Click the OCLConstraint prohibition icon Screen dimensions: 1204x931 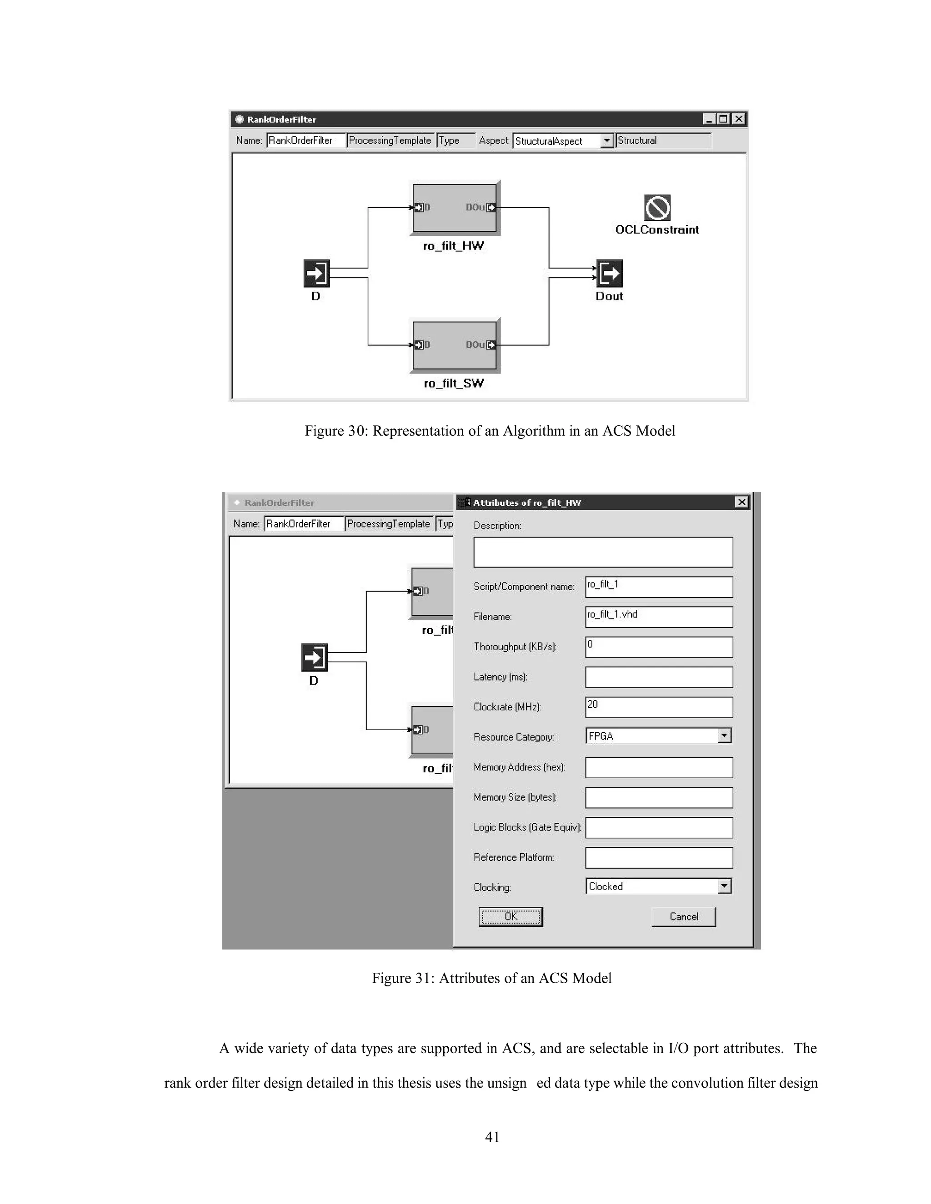[657, 208]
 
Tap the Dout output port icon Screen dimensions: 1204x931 [610, 274]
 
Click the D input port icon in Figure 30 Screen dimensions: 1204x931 [316, 274]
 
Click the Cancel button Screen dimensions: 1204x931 [683, 916]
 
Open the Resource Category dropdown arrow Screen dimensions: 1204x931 [724, 736]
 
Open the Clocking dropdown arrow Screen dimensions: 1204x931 [724, 886]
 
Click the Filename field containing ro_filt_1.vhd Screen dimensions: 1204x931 [659, 617]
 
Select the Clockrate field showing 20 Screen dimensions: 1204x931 [659, 707]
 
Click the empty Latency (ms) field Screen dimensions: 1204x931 [659, 677]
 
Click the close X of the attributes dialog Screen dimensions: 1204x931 [742, 502]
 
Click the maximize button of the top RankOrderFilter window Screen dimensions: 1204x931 [724, 119]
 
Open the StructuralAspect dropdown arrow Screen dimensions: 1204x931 [607, 140]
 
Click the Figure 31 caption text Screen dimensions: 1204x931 [491, 978]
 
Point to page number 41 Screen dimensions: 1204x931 [492, 1137]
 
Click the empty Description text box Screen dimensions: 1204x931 [603, 552]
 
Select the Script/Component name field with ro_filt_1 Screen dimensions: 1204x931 [659, 587]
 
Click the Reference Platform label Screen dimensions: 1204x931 [514, 857]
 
